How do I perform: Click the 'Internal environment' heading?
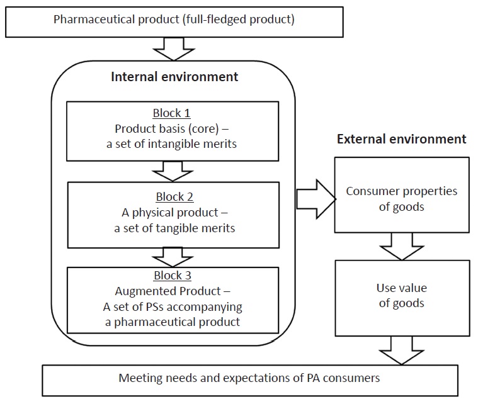174,77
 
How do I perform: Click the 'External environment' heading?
402,139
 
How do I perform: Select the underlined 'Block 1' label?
171,114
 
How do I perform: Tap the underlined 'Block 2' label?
171,196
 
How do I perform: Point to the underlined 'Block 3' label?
171,276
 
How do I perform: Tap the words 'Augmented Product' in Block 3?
166,291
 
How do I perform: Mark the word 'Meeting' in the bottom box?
138,379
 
